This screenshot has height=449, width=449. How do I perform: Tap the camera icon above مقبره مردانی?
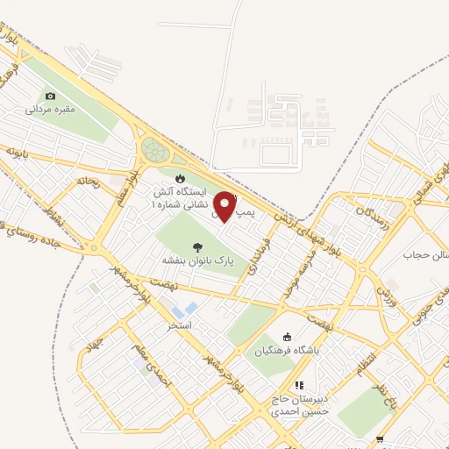[51, 96]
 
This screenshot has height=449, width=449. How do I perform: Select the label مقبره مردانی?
[50, 110]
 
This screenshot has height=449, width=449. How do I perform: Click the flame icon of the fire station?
[180, 177]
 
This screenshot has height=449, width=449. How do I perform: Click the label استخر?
[179, 324]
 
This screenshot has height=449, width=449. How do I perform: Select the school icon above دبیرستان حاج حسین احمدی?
[299, 384]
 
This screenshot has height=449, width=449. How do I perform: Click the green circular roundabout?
[155, 149]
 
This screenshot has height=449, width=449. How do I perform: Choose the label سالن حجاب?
[419, 255]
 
